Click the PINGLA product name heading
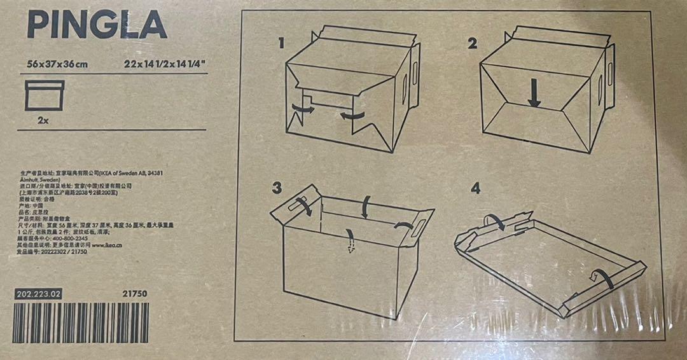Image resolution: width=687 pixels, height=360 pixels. tap(97, 25)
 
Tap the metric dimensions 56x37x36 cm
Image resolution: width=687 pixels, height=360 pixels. tap(57, 64)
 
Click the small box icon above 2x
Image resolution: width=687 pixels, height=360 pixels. tap(44, 95)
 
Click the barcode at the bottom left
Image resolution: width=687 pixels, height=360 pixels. tap(81, 322)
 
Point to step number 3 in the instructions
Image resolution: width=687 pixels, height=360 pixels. tap(277, 188)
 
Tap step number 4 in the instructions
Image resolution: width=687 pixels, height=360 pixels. tap(475, 188)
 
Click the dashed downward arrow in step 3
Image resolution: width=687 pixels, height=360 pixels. tap(349, 241)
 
